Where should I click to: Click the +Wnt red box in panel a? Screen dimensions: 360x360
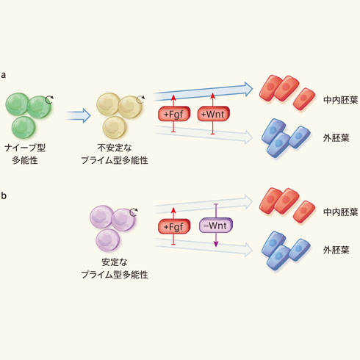(214, 114)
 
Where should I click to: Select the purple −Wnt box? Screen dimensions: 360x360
(216, 226)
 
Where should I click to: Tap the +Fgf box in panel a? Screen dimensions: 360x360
(174, 114)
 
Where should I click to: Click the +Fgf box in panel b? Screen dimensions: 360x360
(174, 226)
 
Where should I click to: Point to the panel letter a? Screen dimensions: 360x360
(4, 75)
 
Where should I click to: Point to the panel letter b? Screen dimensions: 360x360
(4, 195)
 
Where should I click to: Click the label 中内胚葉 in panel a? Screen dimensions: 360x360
(341, 100)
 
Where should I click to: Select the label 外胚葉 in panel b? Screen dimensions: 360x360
(336, 250)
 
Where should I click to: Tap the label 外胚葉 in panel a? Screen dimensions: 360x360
(336, 138)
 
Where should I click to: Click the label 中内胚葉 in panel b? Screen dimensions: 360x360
(341, 212)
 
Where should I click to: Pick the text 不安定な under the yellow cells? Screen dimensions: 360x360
(115, 148)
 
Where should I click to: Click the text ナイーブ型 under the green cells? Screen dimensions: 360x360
(25, 148)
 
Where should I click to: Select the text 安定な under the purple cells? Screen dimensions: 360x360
(115, 262)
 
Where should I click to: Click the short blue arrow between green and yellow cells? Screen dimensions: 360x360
(78, 115)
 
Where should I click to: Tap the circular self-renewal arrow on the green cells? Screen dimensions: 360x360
(49, 99)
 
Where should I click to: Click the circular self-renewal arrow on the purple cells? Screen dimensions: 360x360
(134, 212)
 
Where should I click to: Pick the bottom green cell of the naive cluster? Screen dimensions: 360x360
(24, 128)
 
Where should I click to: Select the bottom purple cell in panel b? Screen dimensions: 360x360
(108, 240)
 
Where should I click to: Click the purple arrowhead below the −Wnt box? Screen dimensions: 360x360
(216, 244)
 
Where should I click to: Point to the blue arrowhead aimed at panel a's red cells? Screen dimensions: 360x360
(248, 89)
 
